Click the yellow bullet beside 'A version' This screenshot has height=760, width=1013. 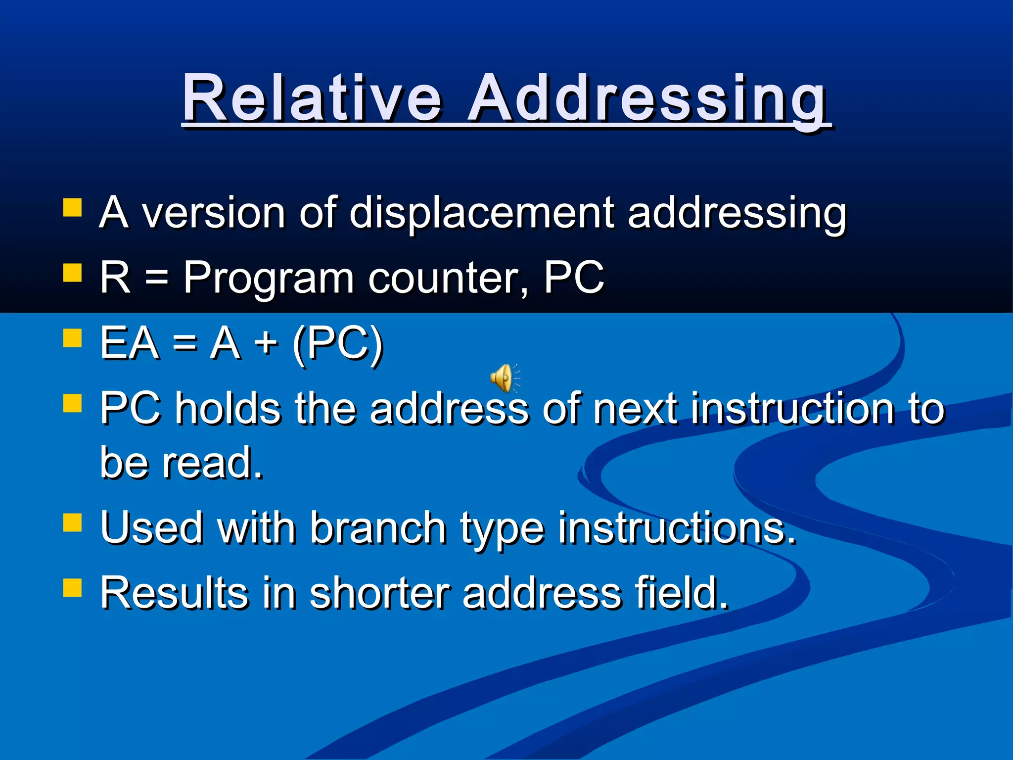(72, 208)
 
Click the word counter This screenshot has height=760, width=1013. (448, 278)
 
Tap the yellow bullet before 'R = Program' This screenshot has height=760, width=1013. (72, 273)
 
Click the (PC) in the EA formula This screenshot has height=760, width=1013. (338, 343)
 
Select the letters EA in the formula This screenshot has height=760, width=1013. (130, 343)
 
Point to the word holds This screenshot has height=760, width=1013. (228, 409)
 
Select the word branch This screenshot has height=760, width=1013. (378, 528)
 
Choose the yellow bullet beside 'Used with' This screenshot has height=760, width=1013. (72, 522)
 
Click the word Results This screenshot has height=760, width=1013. (173, 593)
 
